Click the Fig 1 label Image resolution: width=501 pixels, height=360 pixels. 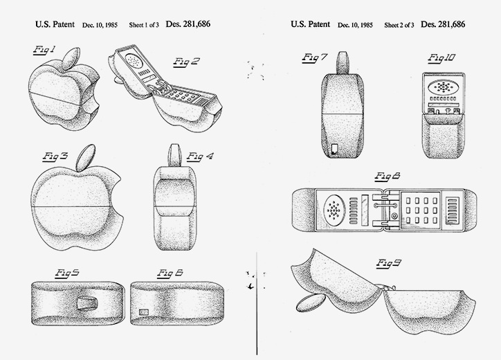point(44,50)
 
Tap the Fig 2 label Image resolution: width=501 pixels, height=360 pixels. point(186,62)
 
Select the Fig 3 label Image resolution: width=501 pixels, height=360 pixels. point(55,156)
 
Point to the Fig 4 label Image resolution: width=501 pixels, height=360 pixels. point(200,156)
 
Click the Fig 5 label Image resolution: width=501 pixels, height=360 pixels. point(67,273)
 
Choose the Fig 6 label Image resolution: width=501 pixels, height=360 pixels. point(170,273)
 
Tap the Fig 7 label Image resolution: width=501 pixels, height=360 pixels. point(315,57)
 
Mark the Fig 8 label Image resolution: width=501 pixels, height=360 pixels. point(388,176)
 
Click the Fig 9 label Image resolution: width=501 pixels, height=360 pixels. point(388,263)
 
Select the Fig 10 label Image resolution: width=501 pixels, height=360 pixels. point(441,58)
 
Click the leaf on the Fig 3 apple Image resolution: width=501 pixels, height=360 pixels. point(85,157)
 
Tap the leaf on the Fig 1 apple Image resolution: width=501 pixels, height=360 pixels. point(71,59)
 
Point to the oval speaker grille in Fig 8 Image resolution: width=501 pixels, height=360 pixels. point(334,209)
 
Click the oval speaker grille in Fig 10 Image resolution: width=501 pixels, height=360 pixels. point(443,87)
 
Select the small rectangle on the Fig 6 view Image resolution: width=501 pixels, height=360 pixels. point(144,312)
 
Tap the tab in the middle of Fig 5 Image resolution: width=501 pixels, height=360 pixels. point(86,303)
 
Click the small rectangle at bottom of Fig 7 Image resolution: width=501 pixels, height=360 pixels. point(334,149)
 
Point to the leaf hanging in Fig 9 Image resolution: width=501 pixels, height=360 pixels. point(310,303)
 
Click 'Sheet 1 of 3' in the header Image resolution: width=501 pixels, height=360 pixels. point(144,25)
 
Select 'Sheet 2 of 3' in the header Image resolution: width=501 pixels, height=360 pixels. point(399,25)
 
